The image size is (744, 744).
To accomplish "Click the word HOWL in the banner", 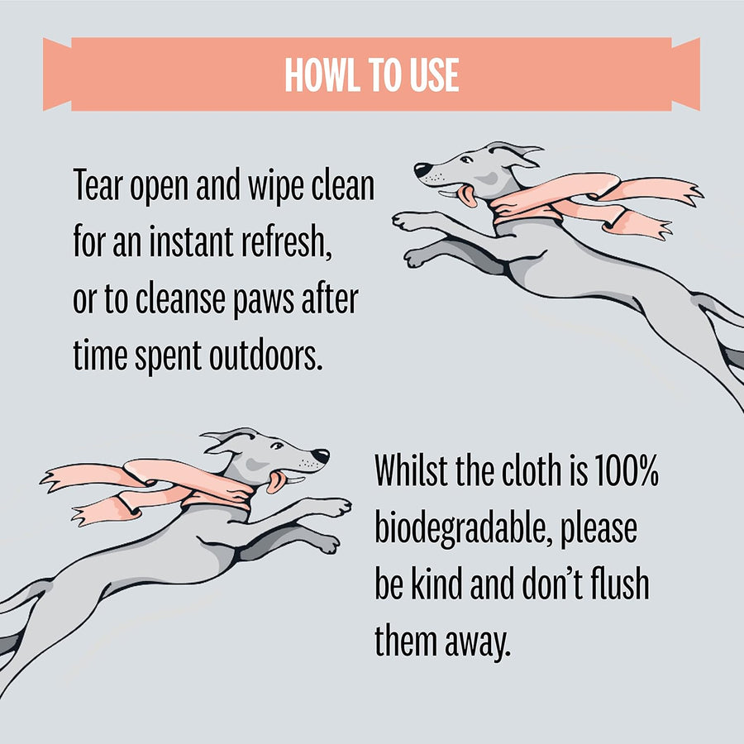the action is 321,75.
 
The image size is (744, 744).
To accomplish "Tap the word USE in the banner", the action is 434,75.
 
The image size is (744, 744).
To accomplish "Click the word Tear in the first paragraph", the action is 98,184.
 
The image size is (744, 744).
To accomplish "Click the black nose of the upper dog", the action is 422,169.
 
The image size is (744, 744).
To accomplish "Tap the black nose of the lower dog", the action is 321,455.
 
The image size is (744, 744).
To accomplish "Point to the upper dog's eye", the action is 466,160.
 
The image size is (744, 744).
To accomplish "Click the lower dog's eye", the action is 277,446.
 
